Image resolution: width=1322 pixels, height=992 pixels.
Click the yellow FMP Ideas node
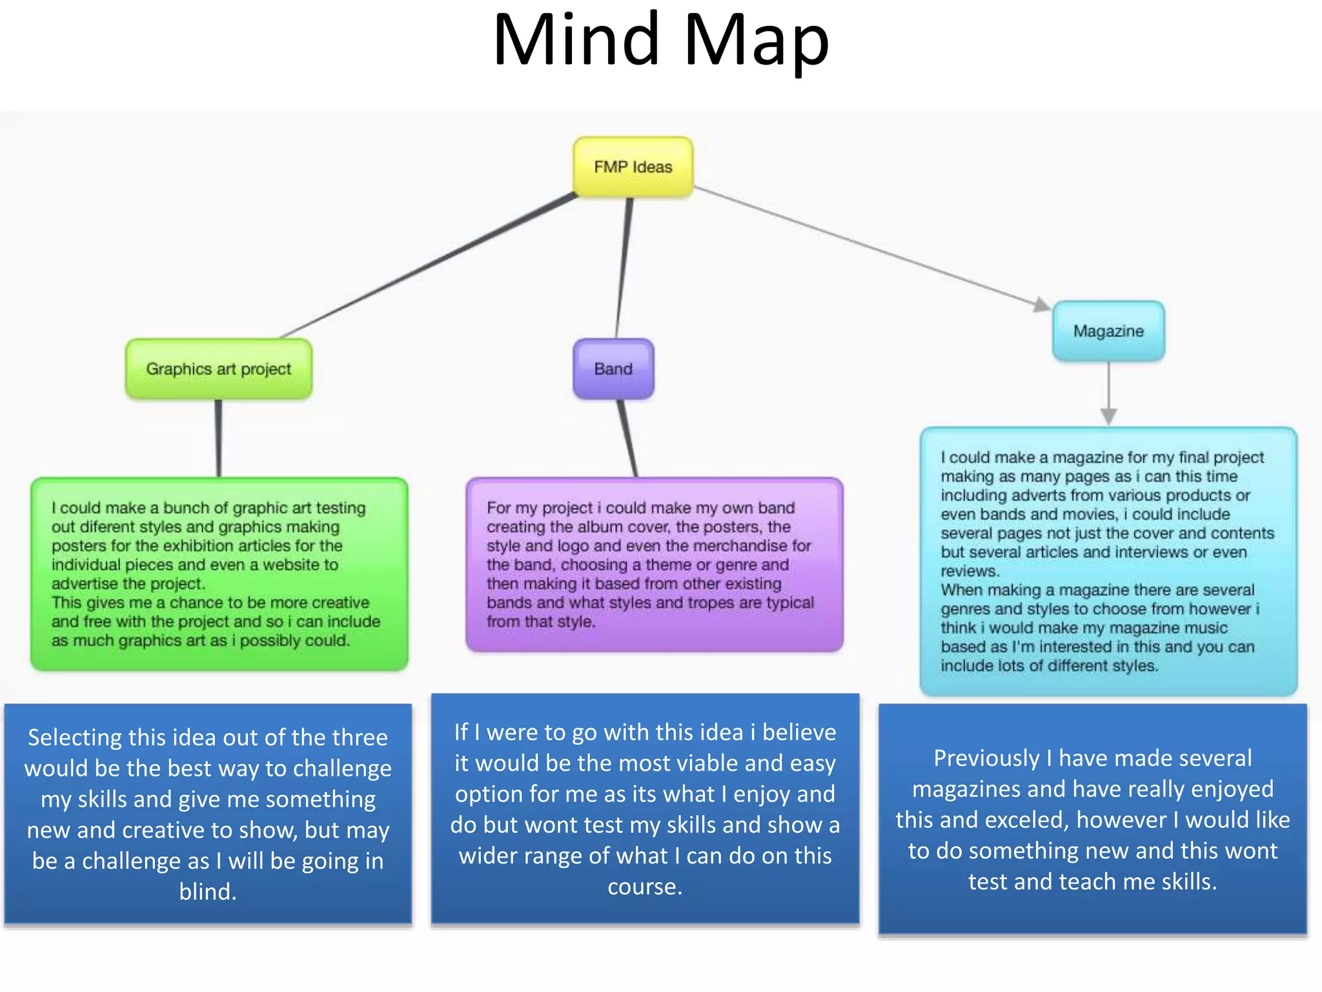pos(633,167)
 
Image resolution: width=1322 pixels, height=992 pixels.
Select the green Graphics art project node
pos(218,369)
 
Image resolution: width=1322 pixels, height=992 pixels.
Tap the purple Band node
pos(613,369)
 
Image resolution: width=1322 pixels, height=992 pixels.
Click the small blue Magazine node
pos(1108,331)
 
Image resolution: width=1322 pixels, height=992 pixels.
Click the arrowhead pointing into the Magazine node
pos(1041,304)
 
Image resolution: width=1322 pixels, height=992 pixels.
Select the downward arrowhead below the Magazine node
pos(1108,416)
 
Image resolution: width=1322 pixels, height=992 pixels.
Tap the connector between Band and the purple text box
pos(627,438)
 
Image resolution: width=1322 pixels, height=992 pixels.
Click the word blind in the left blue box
pos(207,891)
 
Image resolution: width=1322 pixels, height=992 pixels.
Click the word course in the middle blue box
pos(644,886)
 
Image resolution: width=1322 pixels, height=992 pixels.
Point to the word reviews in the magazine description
pos(969,571)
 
